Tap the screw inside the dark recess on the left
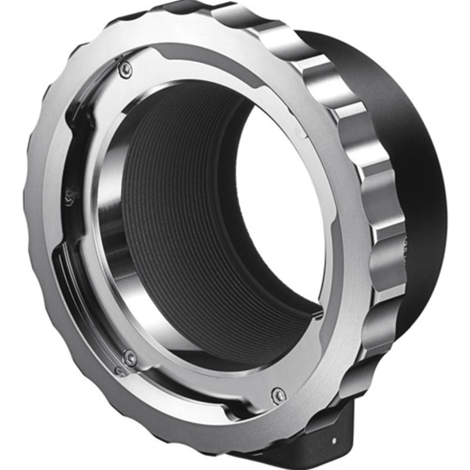click(69, 196)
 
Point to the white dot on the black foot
click(335, 440)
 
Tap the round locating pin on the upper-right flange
click(301, 133)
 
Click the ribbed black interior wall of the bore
click(176, 206)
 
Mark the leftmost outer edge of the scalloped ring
click(32, 194)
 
